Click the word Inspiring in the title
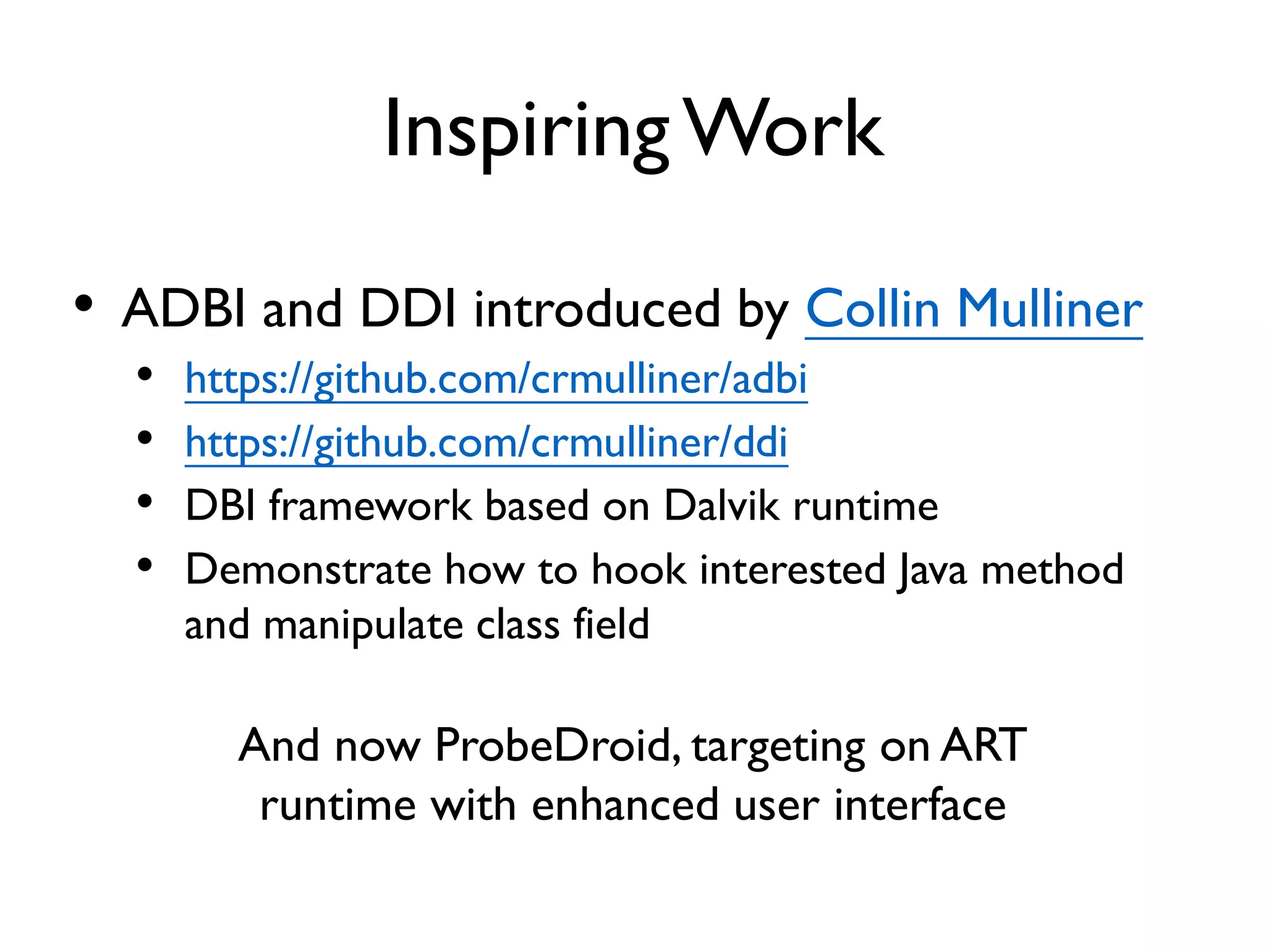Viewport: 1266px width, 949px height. pyautogui.click(x=525, y=131)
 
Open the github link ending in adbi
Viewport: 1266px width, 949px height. pyautogui.click(x=496, y=379)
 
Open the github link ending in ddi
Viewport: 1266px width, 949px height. pyautogui.click(x=486, y=442)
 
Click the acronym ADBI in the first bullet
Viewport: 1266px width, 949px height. pyautogui.click(x=184, y=309)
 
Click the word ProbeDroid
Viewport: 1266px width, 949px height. pyautogui.click(x=553, y=746)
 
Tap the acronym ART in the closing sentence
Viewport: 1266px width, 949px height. pyautogui.click(x=983, y=746)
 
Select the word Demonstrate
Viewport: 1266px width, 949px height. pyautogui.click(x=308, y=570)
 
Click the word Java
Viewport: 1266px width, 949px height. pyautogui.click(x=932, y=570)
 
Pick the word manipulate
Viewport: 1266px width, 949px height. pyautogui.click(x=363, y=625)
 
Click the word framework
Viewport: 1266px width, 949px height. pyautogui.click(x=371, y=506)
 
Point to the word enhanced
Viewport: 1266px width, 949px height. pyautogui.click(x=624, y=805)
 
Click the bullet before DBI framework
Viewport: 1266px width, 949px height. pyautogui.click(x=145, y=501)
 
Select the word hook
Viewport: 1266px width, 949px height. pyautogui.click(x=639, y=570)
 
